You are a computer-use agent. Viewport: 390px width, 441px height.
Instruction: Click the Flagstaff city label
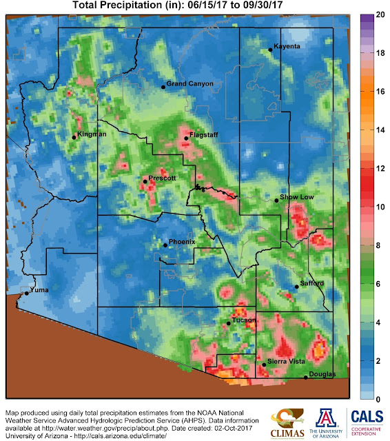[x=204, y=135]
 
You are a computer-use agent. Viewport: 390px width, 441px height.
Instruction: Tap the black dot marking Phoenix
[x=164, y=245]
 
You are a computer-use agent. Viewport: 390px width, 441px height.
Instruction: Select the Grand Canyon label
[x=190, y=84]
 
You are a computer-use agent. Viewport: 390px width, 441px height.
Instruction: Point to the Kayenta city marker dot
[x=270, y=50]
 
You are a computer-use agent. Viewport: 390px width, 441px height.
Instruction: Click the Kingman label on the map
[x=92, y=134]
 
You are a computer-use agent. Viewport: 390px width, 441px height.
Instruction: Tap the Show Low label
[x=297, y=198]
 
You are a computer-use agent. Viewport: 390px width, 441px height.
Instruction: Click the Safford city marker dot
[x=296, y=287]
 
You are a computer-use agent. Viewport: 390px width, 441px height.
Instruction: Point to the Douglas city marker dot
[x=306, y=378]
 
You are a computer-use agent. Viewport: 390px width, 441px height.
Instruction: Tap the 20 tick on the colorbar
[x=378, y=14]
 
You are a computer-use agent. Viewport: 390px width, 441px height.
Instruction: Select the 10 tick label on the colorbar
[x=378, y=207]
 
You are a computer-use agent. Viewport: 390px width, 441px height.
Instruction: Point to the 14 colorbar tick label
[x=378, y=130]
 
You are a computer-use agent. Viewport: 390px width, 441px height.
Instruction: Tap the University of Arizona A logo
[x=327, y=420]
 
